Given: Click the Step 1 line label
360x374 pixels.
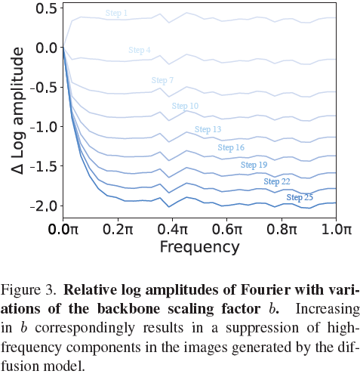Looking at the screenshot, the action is point(116,13).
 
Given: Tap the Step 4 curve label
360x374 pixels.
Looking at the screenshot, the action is point(140,50).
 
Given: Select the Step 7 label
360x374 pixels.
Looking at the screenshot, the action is point(162,80).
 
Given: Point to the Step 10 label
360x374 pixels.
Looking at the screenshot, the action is point(185,106).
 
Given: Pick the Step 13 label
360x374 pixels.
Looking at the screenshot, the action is point(208,129).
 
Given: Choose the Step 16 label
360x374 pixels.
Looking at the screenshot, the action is point(231,147).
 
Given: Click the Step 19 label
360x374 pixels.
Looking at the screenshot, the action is point(254,165).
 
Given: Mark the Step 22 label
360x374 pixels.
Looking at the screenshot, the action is point(277,181).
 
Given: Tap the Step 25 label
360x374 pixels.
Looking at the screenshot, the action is point(300,197).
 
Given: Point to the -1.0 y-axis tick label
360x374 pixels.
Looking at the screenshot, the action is point(43,127).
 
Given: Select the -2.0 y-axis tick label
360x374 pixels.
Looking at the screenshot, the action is point(43,206).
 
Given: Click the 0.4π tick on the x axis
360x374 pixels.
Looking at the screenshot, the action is point(173,230).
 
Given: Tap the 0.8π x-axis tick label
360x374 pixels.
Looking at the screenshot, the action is point(282,230).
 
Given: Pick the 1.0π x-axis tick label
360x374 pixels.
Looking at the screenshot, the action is point(337,230).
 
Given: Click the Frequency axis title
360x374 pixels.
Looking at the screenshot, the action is point(200,247).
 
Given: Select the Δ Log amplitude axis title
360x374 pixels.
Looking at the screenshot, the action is point(17,111).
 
